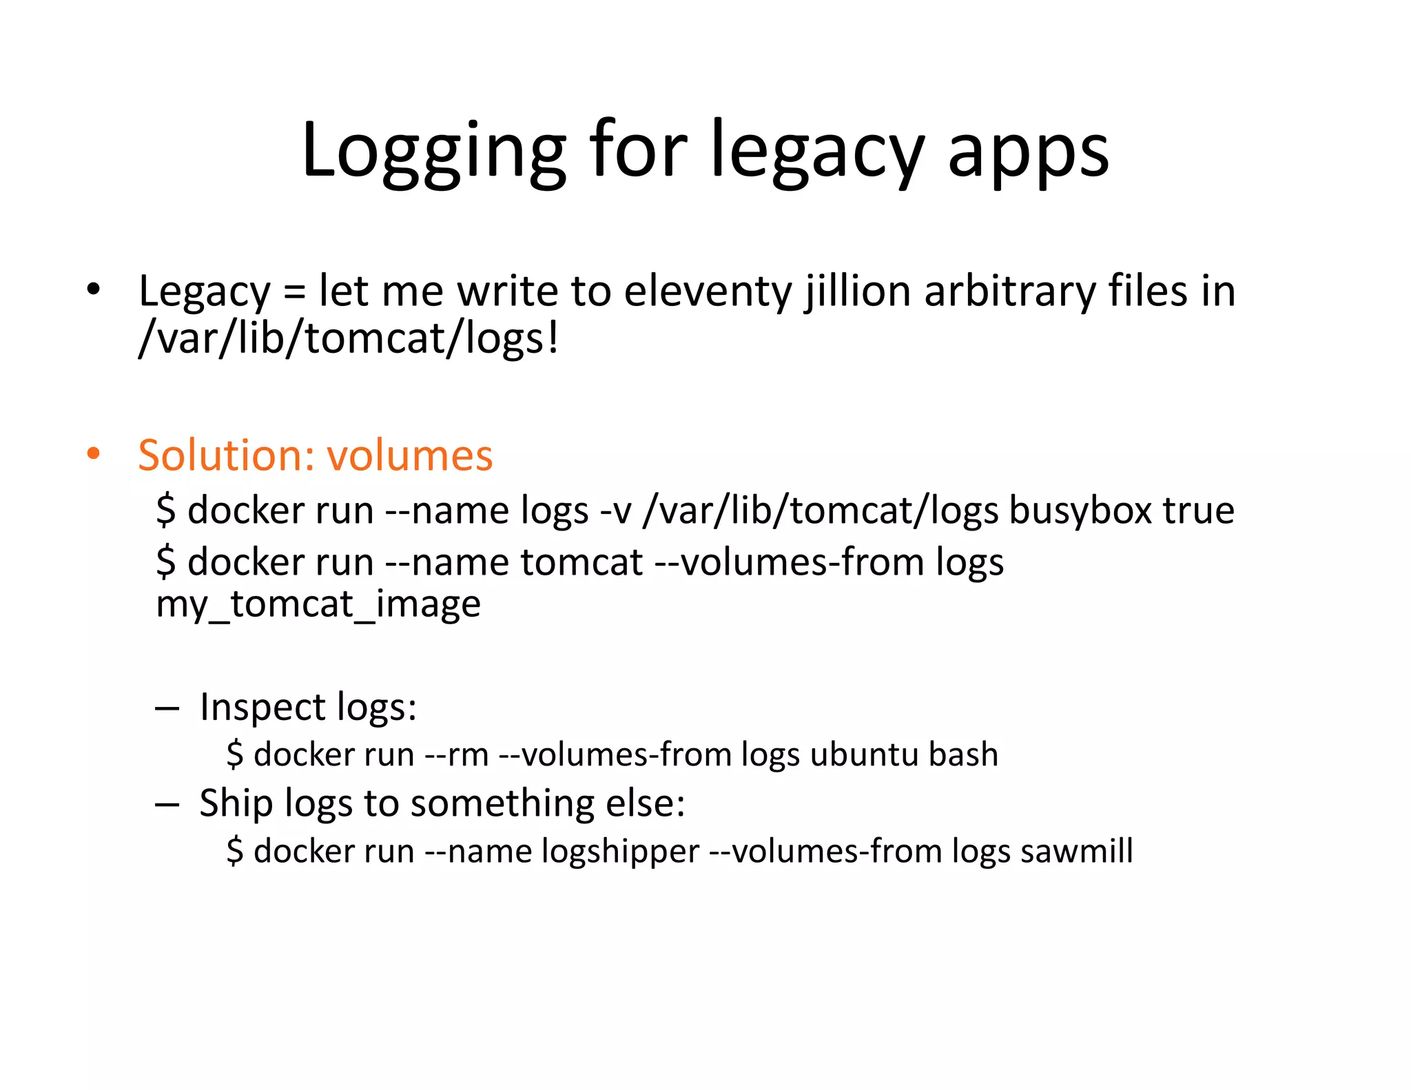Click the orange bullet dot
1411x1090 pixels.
94,454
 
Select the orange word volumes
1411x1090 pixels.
409,455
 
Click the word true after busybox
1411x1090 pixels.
1199,511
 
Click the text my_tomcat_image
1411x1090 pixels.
318,605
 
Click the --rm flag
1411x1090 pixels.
456,754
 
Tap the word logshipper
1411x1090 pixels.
620,852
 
